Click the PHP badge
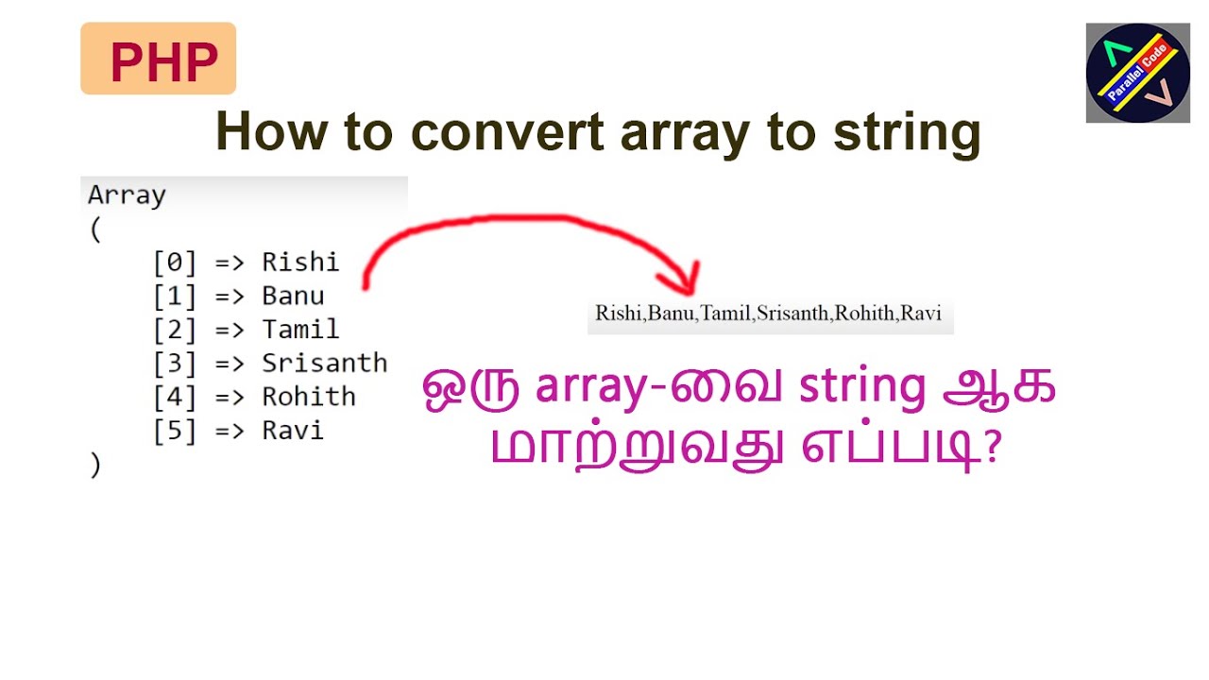click(158, 59)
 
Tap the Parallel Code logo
click(1137, 73)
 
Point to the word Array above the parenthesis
click(127, 195)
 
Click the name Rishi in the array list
click(300, 262)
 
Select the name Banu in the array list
click(293, 296)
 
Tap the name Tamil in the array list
click(300, 330)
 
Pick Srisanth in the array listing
click(325, 364)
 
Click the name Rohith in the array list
click(309, 397)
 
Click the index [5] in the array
click(175, 431)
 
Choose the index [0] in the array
click(175, 262)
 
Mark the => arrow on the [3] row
click(230, 364)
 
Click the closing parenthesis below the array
click(94, 465)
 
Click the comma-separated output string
click(769, 314)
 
